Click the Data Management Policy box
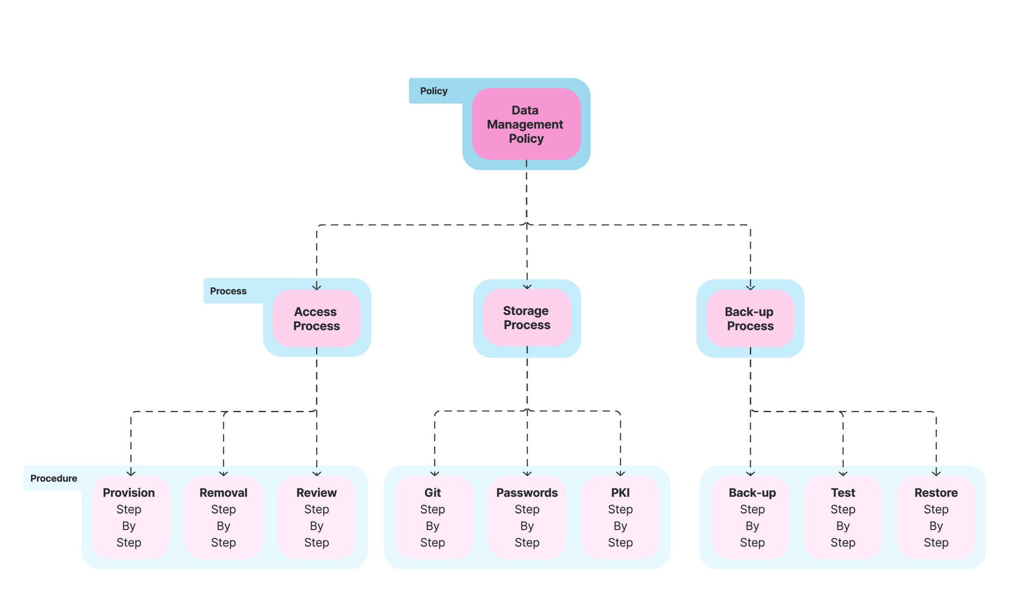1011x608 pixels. click(x=526, y=124)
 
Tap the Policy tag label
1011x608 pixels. click(x=433, y=91)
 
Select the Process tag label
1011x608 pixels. click(x=228, y=291)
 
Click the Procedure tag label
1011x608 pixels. click(x=53, y=478)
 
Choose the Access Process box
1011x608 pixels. click(x=316, y=318)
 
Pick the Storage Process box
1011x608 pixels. click(x=527, y=317)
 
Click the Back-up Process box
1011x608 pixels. click(x=750, y=318)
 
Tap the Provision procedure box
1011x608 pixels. click(x=129, y=517)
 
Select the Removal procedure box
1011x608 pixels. click(x=223, y=517)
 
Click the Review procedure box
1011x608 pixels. click(x=316, y=517)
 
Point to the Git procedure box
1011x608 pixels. click(x=433, y=517)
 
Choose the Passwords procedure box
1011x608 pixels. click(x=527, y=517)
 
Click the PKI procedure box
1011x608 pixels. click(x=620, y=517)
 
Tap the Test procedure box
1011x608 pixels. click(x=842, y=517)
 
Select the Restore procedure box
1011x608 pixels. click(x=936, y=517)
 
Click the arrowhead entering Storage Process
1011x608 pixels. click(x=527, y=287)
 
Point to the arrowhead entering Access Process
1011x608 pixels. click(x=317, y=287)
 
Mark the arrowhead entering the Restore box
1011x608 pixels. click(x=936, y=474)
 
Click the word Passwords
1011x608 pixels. click(x=527, y=493)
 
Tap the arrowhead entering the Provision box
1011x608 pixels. click(x=131, y=474)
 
